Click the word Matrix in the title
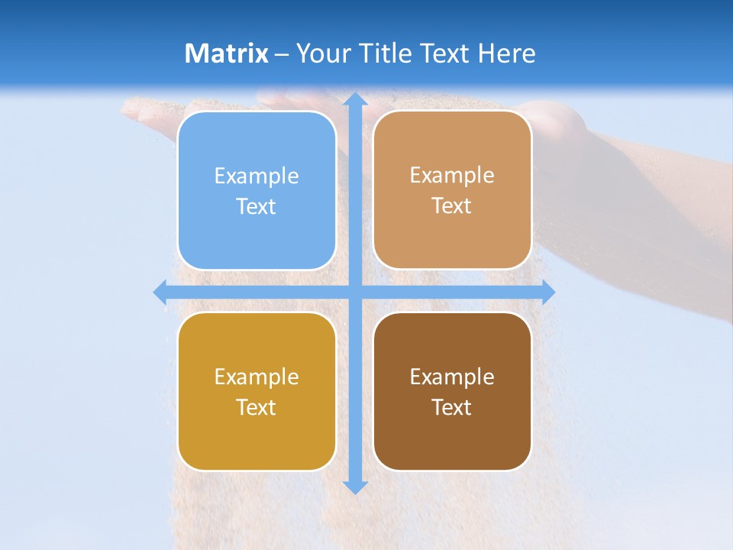click(x=226, y=53)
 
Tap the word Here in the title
click(x=506, y=53)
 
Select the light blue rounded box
click(x=257, y=190)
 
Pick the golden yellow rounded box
click(x=257, y=391)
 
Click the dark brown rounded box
click(x=452, y=391)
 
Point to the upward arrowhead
click(x=354, y=100)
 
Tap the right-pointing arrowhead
click(x=547, y=292)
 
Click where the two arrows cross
click(x=354, y=292)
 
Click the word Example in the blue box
click(x=257, y=176)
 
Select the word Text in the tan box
click(x=452, y=205)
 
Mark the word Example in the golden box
click(x=257, y=377)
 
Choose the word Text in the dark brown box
click(x=452, y=407)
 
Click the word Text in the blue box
click(x=257, y=206)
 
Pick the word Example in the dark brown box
click(x=452, y=377)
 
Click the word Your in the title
click(x=321, y=53)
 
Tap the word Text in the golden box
click(x=257, y=407)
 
